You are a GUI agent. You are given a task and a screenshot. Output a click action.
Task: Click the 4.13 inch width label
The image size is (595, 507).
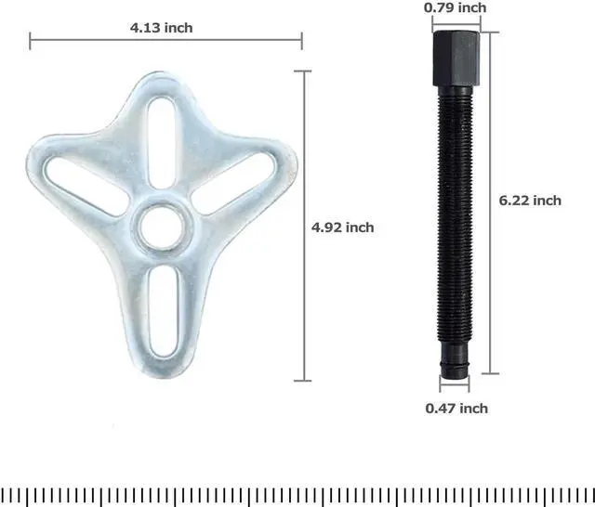click(x=161, y=27)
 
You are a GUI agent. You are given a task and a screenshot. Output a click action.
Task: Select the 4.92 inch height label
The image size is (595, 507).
click(x=342, y=227)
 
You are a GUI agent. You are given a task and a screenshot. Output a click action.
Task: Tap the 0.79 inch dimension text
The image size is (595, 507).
click(x=455, y=7)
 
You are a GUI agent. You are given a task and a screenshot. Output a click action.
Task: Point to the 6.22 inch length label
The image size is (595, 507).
click(x=530, y=200)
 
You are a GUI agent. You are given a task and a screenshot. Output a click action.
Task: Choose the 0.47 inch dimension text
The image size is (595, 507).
click(x=456, y=408)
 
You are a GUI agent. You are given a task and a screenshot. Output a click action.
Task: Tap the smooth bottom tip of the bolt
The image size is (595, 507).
click(x=455, y=361)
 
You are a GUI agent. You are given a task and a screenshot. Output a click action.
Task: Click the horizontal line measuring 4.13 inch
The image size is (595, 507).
click(x=93, y=40)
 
